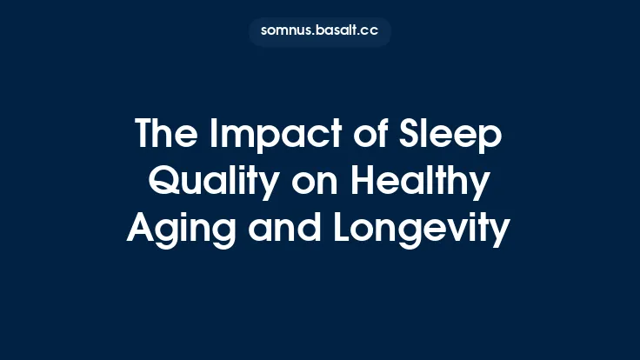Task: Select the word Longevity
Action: (x=418, y=230)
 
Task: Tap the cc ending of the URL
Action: (x=371, y=32)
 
